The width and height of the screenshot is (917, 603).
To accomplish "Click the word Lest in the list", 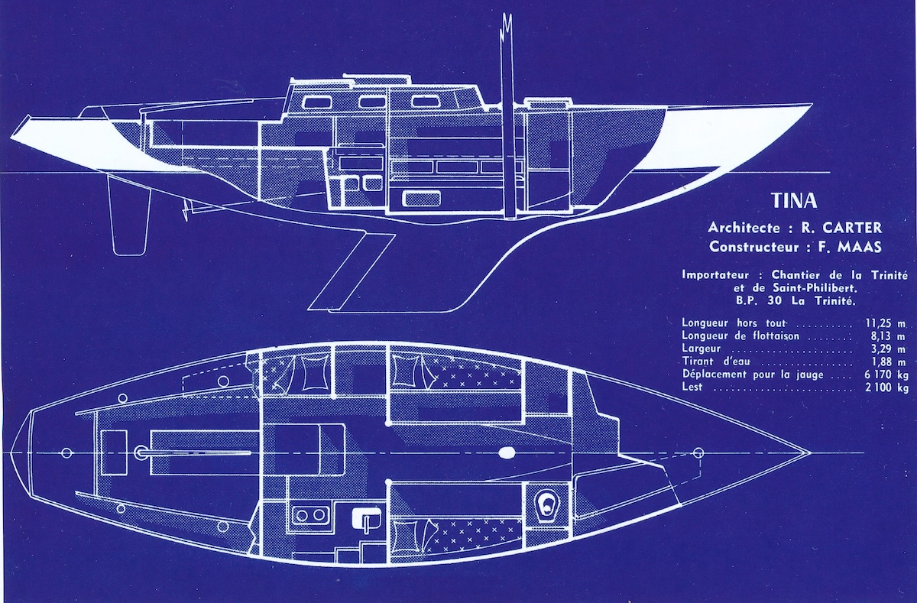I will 691,387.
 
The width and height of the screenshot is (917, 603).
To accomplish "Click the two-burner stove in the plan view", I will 309,515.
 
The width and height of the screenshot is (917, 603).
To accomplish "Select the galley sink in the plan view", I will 366,520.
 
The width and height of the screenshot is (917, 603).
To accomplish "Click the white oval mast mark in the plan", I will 507,453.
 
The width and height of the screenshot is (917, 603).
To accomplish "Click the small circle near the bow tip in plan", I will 697,453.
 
